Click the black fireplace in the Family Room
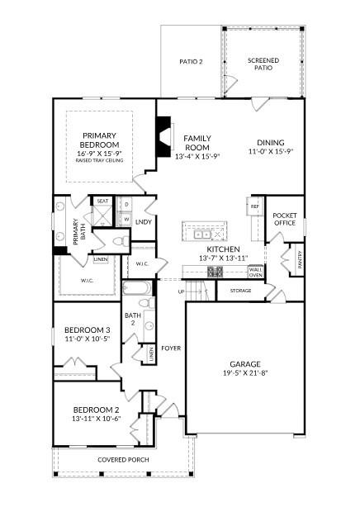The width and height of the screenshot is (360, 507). click(163, 130)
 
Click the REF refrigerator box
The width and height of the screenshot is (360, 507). click(255, 206)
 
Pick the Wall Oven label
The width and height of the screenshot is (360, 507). click(256, 272)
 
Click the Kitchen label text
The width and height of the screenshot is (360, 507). click(223, 249)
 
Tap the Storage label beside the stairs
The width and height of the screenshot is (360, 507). click(240, 291)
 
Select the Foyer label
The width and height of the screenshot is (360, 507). click(171, 348)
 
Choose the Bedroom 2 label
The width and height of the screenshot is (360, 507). click(96, 410)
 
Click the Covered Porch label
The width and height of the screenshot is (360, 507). click(122, 459)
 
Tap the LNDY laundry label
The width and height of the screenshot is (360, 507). click(143, 221)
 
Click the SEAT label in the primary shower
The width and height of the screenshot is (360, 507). click(102, 201)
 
